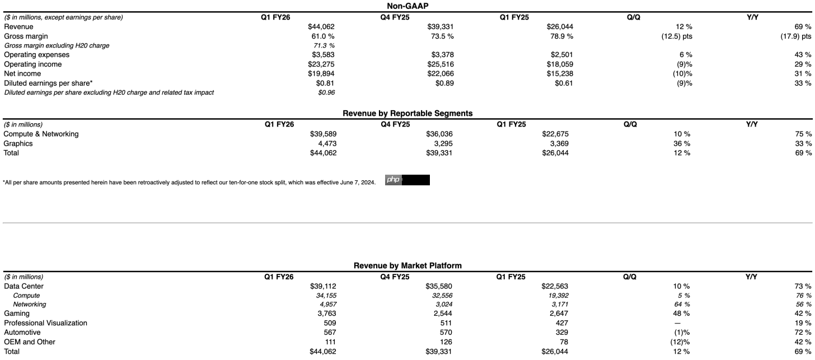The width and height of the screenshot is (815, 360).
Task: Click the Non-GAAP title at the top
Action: click(x=407, y=6)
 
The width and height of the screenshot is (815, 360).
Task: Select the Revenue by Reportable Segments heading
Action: click(x=407, y=113)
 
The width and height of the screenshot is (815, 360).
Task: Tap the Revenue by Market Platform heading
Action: click(x=407, y=265)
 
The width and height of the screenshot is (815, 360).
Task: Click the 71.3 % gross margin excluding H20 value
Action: click(x=324, y=45)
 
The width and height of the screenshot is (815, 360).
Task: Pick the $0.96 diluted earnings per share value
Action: click(x=326, y=92)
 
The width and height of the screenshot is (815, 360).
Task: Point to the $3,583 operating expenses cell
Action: click(x=321, y=55)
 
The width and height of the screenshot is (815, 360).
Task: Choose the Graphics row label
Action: click(x=18, y=143)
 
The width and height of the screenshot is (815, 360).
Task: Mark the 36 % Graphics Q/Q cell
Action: click(x=681, y=143)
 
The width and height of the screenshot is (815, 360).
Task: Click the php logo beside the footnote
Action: click(x=393, y=180)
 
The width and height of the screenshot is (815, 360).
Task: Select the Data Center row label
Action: click(x=24, y=286)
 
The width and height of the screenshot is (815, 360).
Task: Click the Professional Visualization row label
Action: click(x=45, y=323)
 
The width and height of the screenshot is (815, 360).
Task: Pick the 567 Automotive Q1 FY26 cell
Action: click(x=329, y=333)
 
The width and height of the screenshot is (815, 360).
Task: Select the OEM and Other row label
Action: click(x=30, y=342)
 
